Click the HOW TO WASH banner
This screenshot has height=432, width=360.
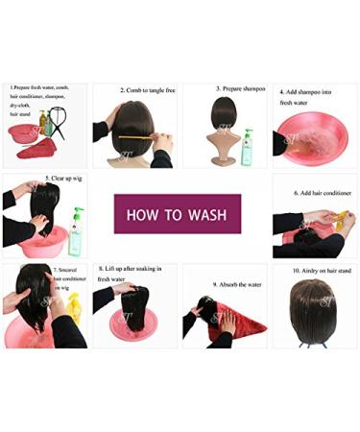pos(178,213)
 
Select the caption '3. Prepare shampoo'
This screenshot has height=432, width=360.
pos(237,88)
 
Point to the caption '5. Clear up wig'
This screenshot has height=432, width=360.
pos(53,182)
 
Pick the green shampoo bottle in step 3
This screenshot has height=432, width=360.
pos(247,148)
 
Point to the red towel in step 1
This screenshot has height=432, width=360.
pos(42,150)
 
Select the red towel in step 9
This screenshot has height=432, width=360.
pos(237,326)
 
